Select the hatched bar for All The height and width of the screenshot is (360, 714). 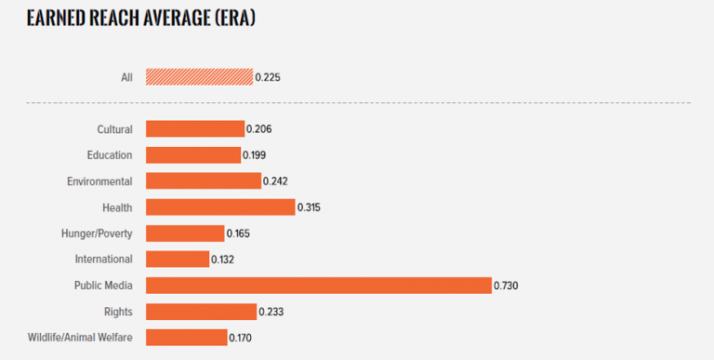tap(199, 76)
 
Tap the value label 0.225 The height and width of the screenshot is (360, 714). tap(268, 77)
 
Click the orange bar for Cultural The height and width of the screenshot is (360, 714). tap(195, 129)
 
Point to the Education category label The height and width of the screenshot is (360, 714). tap(110, 155)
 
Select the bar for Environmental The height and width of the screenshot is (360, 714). tap(203, 181)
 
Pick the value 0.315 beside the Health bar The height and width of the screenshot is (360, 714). tap(311, 207)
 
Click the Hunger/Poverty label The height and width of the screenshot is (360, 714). tap(97, 233)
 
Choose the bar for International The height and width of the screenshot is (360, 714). tap(178, 259)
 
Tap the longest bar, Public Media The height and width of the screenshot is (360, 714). tap(318, 285)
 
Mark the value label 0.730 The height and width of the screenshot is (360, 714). tap(506, 286)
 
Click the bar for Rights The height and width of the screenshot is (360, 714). tap(201, 311)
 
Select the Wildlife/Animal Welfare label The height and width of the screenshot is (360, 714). tap(80, 337)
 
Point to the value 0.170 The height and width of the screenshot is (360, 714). tap(241, 338)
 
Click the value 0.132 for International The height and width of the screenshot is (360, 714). tap(224, 260)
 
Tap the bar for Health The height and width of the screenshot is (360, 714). tap(220, 207)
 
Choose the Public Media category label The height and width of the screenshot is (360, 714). tap(103, 285)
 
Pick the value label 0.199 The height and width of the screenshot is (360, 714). tap(254, 155)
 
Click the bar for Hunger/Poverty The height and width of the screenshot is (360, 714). tap(185, 233)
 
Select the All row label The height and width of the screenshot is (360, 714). tap(126, 77)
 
